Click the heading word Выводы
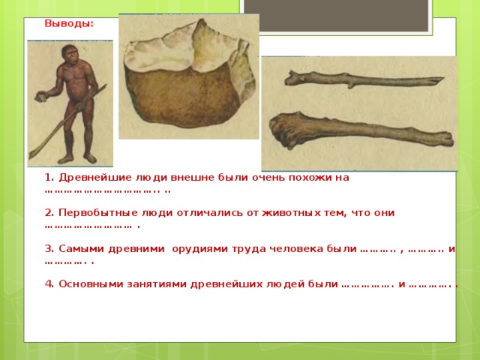pyautogui.click(x=69, y=23)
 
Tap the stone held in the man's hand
pyautogui.click(x=40, y=97)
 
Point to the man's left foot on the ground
pyautogui.click(x=90, y=158)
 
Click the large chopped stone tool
pyautogui.click(x=190, y=75)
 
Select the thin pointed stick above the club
pyautogui.click(x=364, y=79)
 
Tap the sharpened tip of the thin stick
pyautogui.click(x=440, y=79)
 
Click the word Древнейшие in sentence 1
pyautogui.click(x=96, y=178)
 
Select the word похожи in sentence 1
pyautogui.click(x=310, y=178)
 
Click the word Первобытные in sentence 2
pyautogui.click(x=98, y=213)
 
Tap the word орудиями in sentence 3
pyautogui.click(x=200, y=249)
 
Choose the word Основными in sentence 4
pyautogui.click(x=91, y=284)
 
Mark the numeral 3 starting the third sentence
pyautogui.click(x=48, y=248)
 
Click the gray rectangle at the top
pyautogui.click(x=336, y=15)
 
